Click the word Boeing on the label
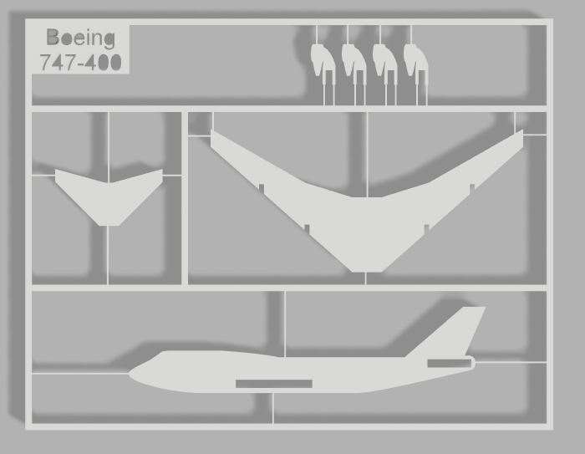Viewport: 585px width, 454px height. [x=80, y=38]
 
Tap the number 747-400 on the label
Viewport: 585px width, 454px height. [x=80, y=62]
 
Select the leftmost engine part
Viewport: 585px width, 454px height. [x=322, y=61]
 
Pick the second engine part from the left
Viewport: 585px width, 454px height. [x=353, y=61]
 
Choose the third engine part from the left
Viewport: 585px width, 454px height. [x=384, y=61]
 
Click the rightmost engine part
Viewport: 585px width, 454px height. [x=415, y=61]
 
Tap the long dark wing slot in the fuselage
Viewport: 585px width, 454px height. [x=274, y=384]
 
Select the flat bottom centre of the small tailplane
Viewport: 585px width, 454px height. [x=109, y=223]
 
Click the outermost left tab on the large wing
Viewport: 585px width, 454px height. [x=261, y=186]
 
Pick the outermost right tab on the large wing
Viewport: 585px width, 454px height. [x=472, y=187]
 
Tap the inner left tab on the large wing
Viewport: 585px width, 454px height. [x=307, y=227]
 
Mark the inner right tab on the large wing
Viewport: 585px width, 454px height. [x=427, y=227]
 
